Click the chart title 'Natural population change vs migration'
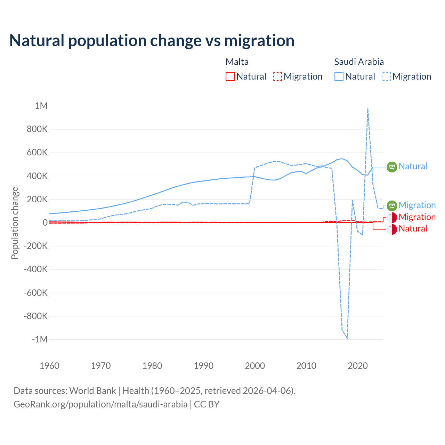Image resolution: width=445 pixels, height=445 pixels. [x=152, y=41]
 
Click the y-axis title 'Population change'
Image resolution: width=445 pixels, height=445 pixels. [x=15, y=223]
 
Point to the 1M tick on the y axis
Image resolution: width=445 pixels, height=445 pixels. [x=41, y=106]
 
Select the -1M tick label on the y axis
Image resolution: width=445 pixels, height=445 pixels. [x=39, y=339]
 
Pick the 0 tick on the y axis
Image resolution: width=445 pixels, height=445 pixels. [x=45, y=222]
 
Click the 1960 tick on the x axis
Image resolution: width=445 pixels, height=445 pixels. [x=49, y=366]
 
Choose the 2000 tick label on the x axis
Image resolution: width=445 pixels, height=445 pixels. [x=255, y=366]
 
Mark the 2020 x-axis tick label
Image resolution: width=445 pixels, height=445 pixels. [x=358, y=366]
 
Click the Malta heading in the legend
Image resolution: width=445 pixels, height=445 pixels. [x=237, y=62]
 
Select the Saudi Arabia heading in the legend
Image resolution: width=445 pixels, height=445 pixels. [x=359, y=62]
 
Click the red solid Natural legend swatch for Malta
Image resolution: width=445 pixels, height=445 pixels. [x=230, y=76]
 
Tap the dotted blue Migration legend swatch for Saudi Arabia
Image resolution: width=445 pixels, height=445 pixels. [x=386, y=76]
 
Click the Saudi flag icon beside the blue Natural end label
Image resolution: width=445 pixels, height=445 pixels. [x=392, y=167]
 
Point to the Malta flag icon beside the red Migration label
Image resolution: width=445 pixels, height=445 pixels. [x=392, y=218]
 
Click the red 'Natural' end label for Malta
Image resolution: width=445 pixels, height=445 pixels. [x=413, y=228]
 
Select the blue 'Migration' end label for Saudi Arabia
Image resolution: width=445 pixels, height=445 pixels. [x=417, y=205]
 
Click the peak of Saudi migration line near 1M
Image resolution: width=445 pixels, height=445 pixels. [x=368, y=109]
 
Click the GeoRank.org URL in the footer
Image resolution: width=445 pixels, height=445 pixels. [x=100, y=404]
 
